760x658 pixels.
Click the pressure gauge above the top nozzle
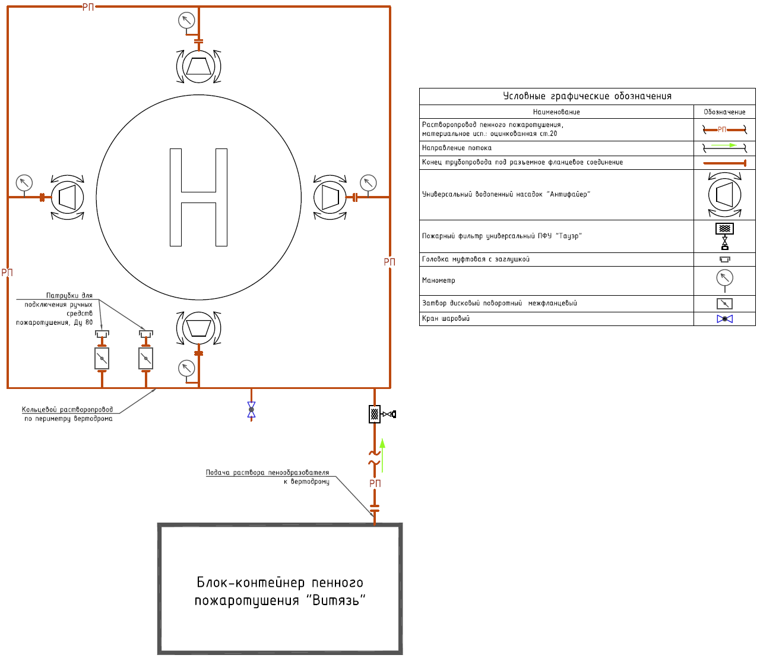tap(186, 20)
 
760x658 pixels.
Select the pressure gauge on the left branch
tap(24, 183)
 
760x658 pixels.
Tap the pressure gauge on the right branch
tap(368, 183)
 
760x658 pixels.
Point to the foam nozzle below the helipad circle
tap(198, 328)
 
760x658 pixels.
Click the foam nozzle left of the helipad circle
tap(67, 198)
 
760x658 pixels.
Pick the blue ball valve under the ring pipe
tap(252, 410)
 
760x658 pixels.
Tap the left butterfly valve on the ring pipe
tap(102, 359)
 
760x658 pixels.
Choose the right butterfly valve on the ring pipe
tap(146, 359)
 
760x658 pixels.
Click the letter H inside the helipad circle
tap(198, 198)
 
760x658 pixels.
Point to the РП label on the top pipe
tap(88, 7)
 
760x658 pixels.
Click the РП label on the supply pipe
tap(375, 483)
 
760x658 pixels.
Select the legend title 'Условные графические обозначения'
tap(587, 96)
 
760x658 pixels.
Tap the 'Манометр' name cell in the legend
tap(439, 281)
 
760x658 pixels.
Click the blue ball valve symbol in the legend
tap(725, 319)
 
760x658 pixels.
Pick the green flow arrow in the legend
tap(724, 145)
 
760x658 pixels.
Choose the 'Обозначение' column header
tap(724, 112)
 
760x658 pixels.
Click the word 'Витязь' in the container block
tap(335, 600)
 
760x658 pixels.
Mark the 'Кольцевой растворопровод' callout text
tap(67, 410)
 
